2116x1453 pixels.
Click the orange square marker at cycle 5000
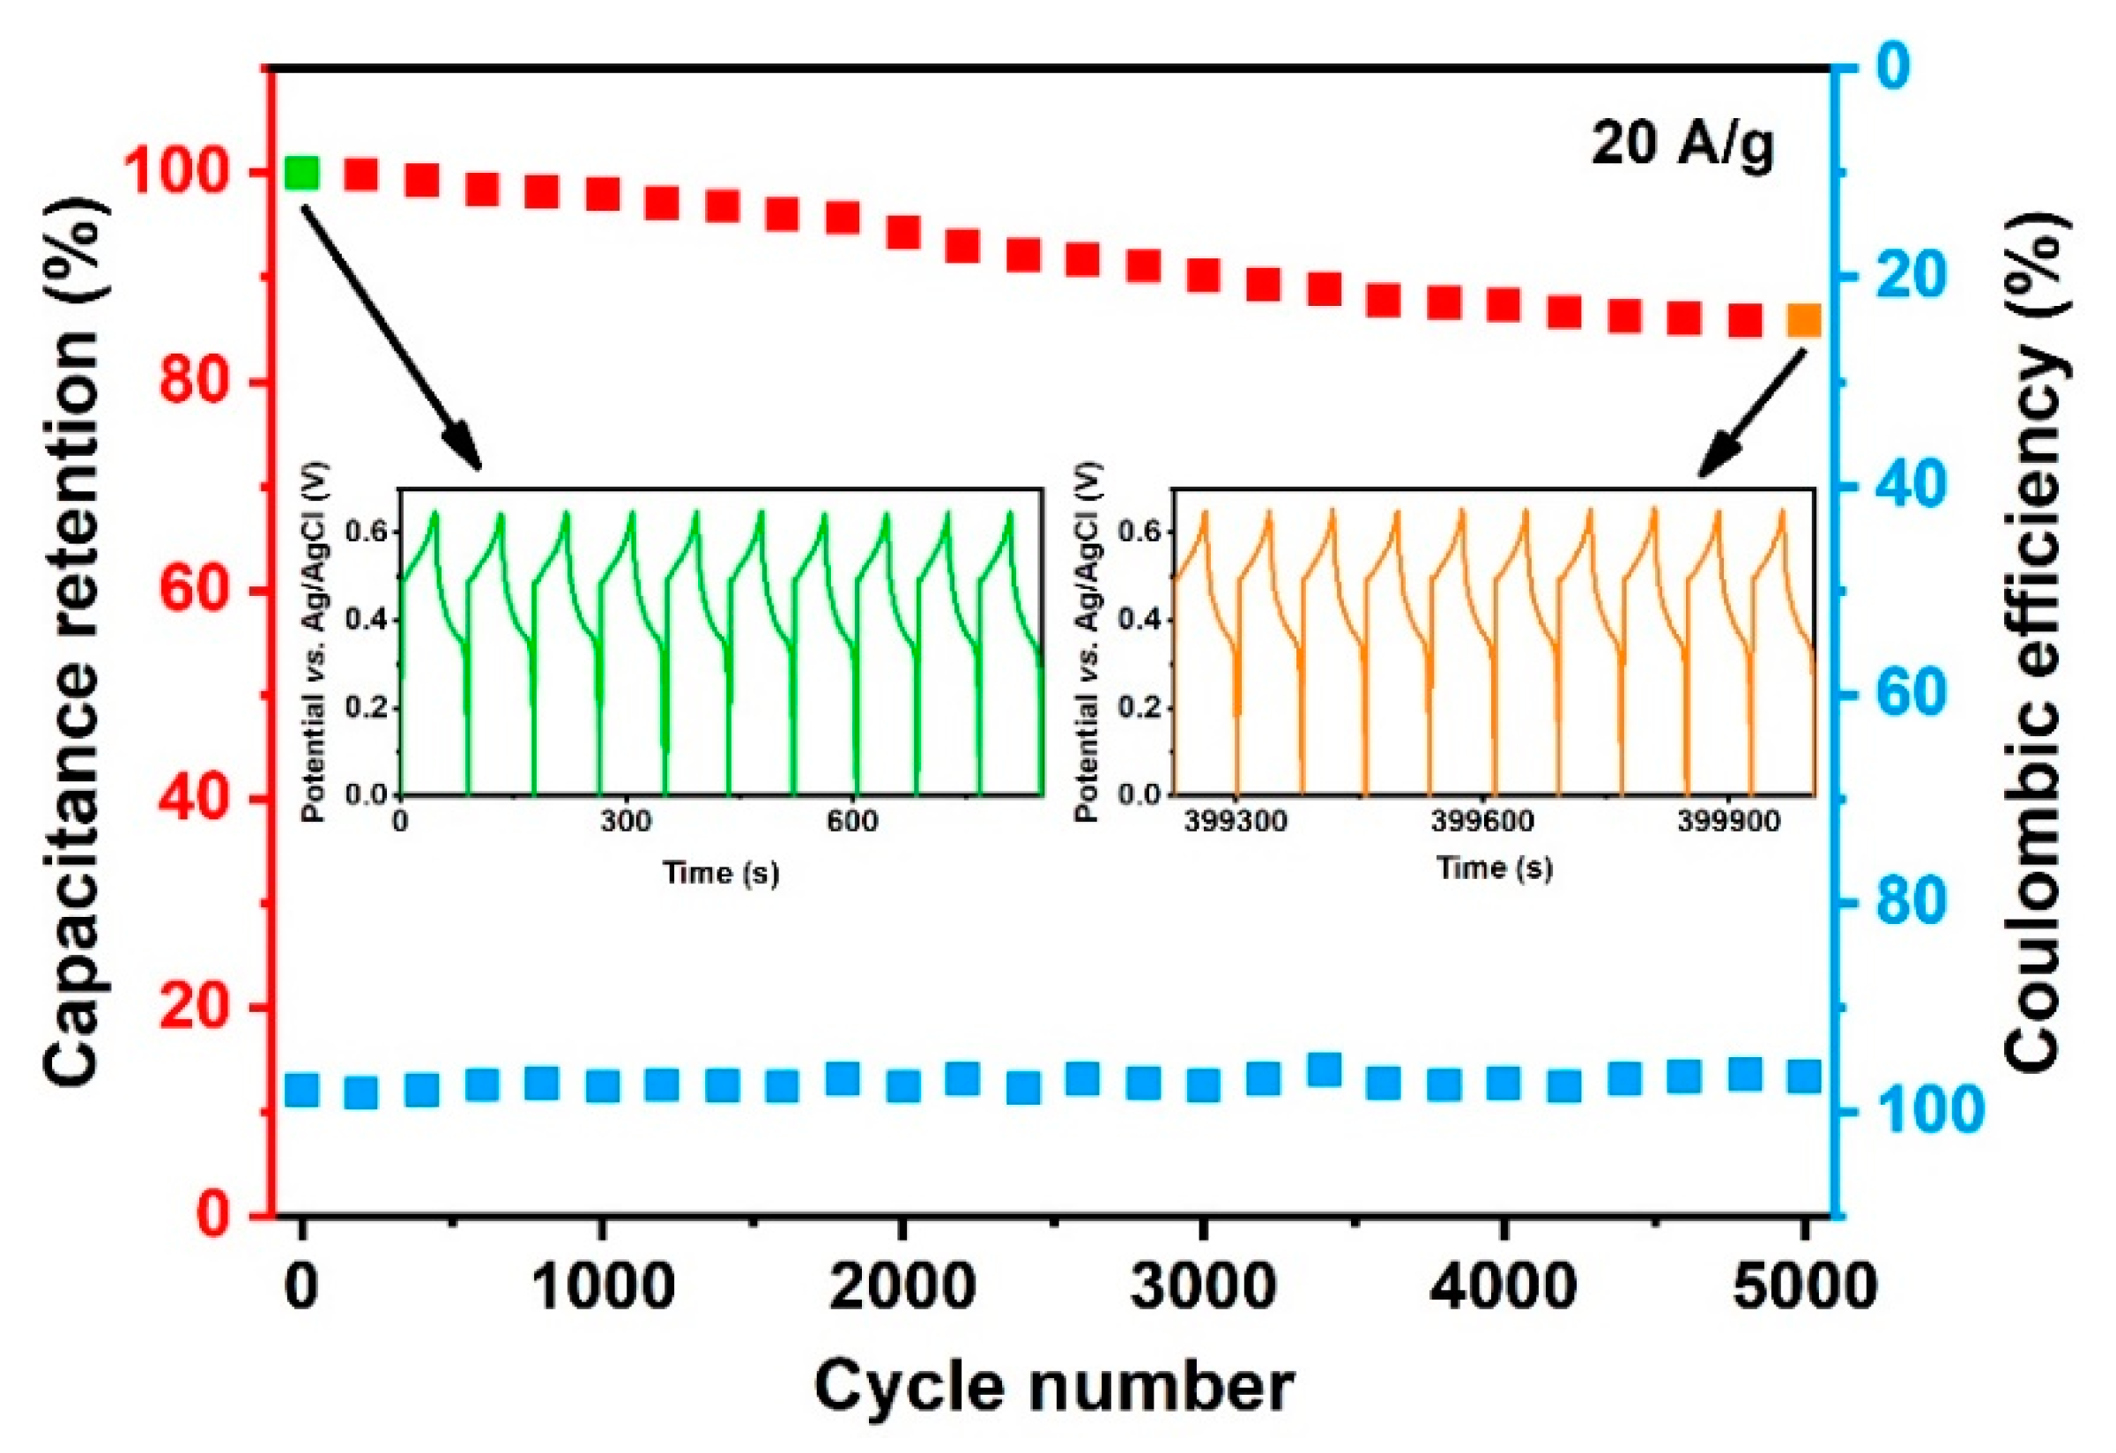click(1804, 321)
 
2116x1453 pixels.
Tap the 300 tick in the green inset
click(626, 822)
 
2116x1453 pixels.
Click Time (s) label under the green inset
click(720, 873)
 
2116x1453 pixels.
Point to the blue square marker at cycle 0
click(301, 1091)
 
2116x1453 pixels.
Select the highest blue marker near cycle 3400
click(1324, 1069)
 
